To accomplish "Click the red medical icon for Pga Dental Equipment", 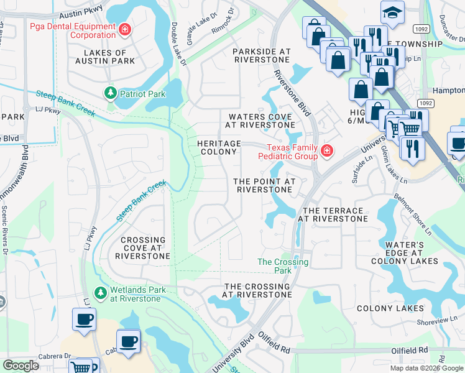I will [x=125, y=29].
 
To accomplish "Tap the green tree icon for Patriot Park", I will [x=111, y=93].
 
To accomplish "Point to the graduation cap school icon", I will [x=392, y=11].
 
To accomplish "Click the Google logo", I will [x=21, y=366].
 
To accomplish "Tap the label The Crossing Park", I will [x=283, y=266].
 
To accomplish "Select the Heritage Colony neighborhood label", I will [x=218, y=147].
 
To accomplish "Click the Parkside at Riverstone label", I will [x=261, y=55].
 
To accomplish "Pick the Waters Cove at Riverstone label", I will [x=260, y=121].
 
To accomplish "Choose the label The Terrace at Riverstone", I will [x=333, y=215].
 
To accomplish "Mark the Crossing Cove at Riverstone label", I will [x=143, y=247].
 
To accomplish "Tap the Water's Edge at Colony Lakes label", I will [x=404, y=253].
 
